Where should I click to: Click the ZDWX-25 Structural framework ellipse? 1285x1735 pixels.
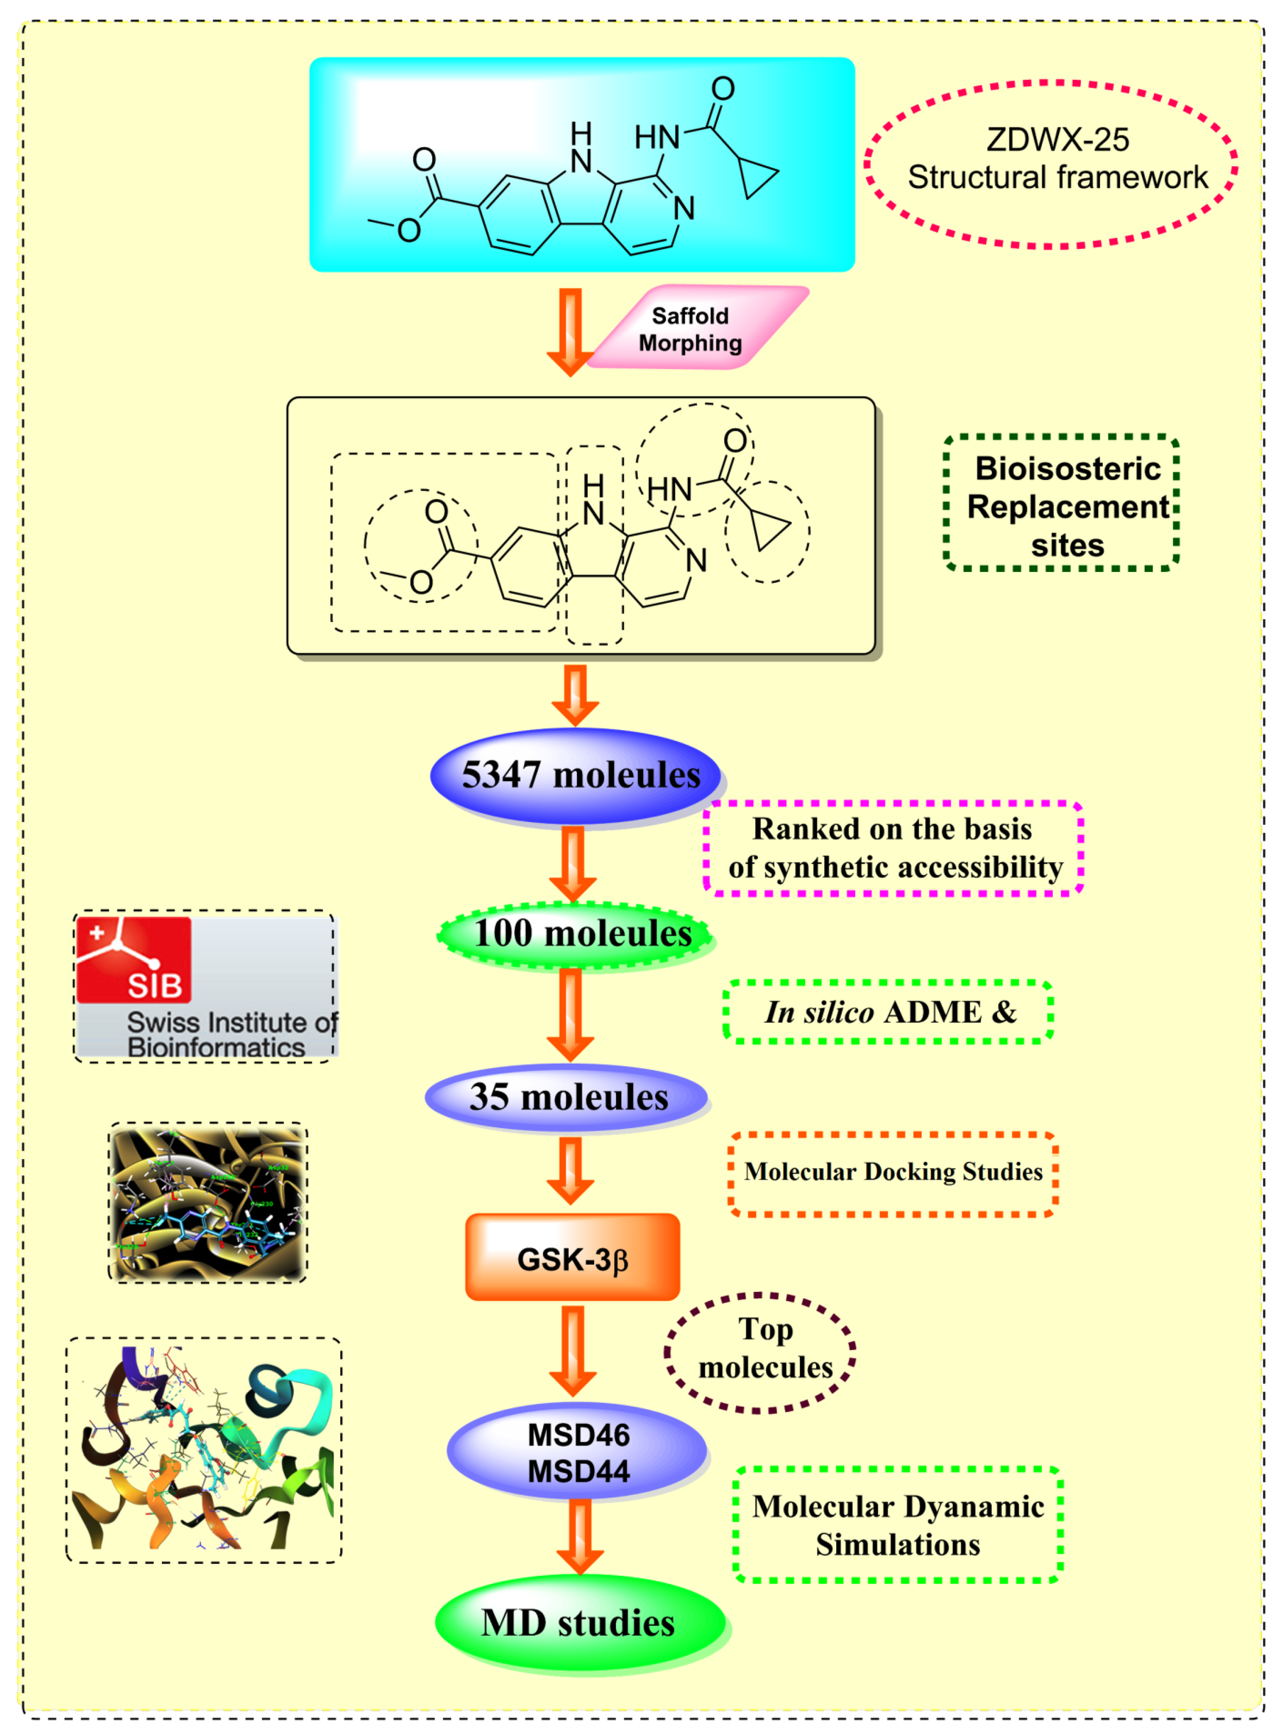[1050, 164]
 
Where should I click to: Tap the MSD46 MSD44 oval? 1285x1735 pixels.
[577, 1452]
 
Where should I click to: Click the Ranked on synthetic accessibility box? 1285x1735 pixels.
[893, 848]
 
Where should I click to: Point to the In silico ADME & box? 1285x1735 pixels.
[888, 1011]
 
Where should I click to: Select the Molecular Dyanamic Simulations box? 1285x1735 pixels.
[898, 1525]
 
